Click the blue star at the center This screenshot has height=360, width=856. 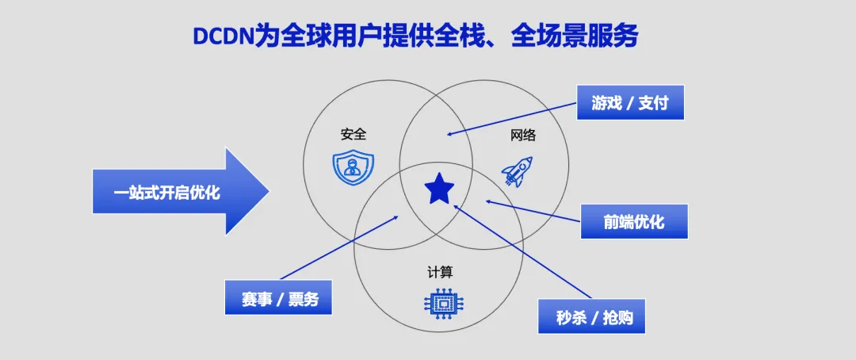click(439, 189)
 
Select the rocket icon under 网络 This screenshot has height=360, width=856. click(518, 170)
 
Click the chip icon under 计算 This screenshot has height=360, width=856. click(441, 303)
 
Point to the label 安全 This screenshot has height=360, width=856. click(353, 134)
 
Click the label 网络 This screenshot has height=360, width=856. click(523, 135)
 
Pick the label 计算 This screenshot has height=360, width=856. click(441, 272)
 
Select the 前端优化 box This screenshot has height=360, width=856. click(634, 221)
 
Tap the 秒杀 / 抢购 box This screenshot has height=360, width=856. click(590, 316)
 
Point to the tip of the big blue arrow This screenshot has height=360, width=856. click(268, 191)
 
